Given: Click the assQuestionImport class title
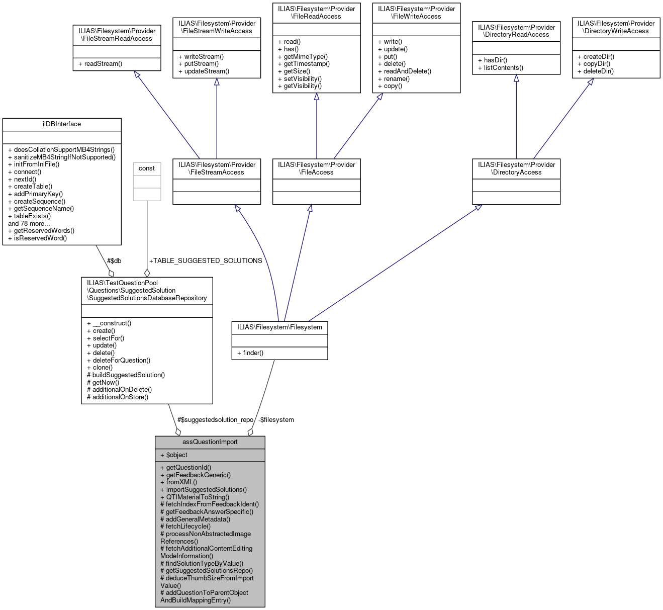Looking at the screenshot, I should (210, 442).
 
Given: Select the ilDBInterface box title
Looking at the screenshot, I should (62, 124).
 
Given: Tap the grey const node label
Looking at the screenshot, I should (147, 168).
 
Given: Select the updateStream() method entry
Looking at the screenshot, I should (204, 71).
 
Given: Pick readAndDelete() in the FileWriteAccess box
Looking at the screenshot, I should (405, 71).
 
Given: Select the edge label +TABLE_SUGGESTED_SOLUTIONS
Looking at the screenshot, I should (206, 261).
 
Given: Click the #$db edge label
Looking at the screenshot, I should (114, 261).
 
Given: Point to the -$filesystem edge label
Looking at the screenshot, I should (276, 420).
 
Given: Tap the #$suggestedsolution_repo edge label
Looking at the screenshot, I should (215, 420).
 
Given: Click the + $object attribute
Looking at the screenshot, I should (174, 455).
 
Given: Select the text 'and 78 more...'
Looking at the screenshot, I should (29, 224).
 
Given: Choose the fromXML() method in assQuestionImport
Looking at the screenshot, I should (179, 482).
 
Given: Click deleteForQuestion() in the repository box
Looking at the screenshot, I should (119, 361).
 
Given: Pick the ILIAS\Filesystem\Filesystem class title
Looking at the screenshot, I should (279, 327).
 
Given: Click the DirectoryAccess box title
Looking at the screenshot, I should (516, 168).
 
